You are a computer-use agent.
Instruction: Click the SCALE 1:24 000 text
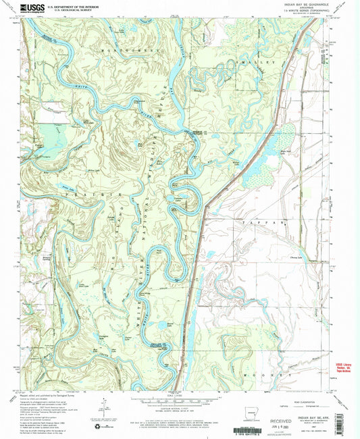180,392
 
